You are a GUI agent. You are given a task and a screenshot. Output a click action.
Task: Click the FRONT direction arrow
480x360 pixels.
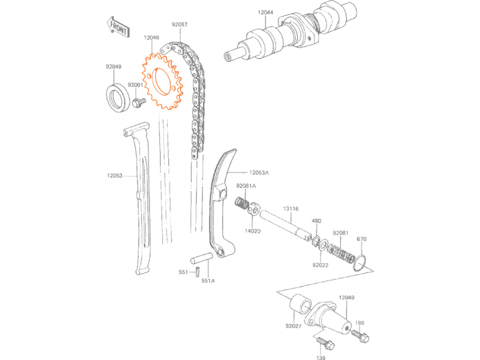pyautogui.click(x=118, y=27)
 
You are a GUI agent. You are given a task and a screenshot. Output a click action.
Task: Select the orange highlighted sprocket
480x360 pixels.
pyautogui.click(x=162, y=82)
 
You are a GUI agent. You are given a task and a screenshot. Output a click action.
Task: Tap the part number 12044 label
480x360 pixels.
pyautogui.click(x=265, y=12)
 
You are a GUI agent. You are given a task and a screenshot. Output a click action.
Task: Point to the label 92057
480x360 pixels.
pyautogui.click(x=179, y=24)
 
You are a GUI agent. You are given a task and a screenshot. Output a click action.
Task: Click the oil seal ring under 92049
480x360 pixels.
pyautogui.click(x=116, y=97)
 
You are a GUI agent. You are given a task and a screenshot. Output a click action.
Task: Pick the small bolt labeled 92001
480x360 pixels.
pyautogui.click(x=139, y=102)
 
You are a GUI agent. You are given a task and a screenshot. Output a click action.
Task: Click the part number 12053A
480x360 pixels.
pyautogui.click(x=259, y=172)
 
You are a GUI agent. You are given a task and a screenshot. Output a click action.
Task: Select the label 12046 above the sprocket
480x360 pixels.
pyautogui.click(x=152, y=37)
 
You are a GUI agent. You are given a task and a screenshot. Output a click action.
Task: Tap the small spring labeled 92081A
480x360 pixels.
pyautogui.click(x=242, y=204)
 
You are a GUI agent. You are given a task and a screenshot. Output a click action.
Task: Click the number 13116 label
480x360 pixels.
pyautogui.click(x=291, y=208)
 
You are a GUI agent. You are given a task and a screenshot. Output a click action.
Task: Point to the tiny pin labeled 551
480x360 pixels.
pyautogui.click(x=198, y=272)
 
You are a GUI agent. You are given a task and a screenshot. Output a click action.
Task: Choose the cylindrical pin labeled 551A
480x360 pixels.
pyautogui.click(x=202, y=258)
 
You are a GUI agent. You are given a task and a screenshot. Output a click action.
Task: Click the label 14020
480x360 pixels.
pyautogui.click(x=253, y=231)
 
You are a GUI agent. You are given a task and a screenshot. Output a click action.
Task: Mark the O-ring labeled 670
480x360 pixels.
pyautogui.click(x=359, y=263)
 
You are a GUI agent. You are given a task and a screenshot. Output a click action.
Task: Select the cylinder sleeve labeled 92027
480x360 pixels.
pyautogui.click(x=301, y=304)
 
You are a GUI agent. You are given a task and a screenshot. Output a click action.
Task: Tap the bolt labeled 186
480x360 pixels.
pyautogui.click(x=361, y=336)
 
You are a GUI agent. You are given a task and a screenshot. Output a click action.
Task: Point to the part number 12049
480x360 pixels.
pyautogui.click(x=346, y=297)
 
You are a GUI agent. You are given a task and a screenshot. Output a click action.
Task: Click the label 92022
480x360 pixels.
pyautogui.click(x=320, y=265)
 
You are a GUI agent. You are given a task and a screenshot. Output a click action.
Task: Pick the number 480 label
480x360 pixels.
pyautogui.click(x=317, y=221)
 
